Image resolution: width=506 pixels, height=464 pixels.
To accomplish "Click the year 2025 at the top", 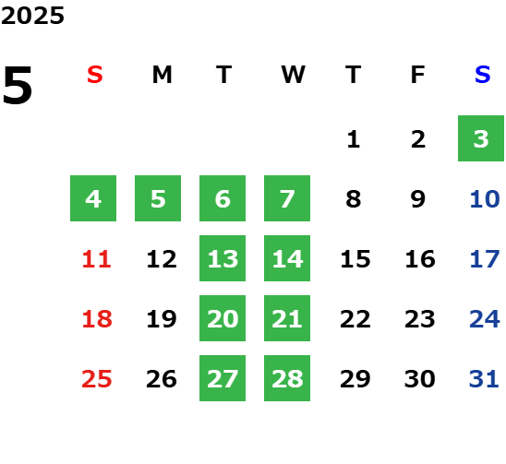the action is (x=32, y=16).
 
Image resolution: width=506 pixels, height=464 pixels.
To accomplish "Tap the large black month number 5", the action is (x=18, y=85).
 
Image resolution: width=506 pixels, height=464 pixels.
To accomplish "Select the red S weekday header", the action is (x=95, y=75).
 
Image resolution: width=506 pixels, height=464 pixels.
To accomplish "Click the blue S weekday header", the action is (x=483, y=75).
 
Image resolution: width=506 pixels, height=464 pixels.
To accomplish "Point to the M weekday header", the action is (x=162, y=75).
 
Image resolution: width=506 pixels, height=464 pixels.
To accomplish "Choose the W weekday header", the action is (x=293, y=75).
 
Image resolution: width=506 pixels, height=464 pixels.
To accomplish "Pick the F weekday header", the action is (x=418, y=75).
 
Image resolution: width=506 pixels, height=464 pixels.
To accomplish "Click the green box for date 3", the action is (x=481, y=138).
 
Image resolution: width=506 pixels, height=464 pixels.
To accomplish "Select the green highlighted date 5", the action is (x=158, y=198).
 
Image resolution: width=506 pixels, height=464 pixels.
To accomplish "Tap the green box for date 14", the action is (x=287, y=258).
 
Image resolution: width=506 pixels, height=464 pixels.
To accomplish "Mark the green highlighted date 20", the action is (x=223, y=318).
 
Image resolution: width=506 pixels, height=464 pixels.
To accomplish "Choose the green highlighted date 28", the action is (x=287, y=378).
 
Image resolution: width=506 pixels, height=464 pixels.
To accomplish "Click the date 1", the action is (x=354, y=139).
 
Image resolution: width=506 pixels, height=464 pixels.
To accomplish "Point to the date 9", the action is (x=418, y=198).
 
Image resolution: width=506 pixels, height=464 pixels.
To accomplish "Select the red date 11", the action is (x=96, y=258).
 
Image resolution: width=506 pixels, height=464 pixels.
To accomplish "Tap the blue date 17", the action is (x=485, y=258).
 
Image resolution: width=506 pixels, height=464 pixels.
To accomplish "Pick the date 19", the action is (x=162, y=318).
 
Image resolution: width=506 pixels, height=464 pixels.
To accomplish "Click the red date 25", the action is (x=96, y=378).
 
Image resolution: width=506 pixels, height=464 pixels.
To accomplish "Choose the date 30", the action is (x=419, y=378).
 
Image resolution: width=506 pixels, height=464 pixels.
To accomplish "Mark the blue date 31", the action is (x=484, y=378).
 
